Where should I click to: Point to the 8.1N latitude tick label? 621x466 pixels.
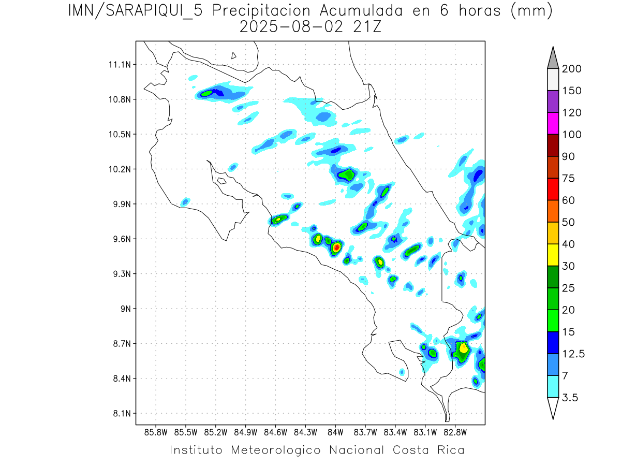(121, 414)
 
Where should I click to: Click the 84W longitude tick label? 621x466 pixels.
(335, 432)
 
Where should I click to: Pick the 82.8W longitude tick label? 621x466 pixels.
(455, 432)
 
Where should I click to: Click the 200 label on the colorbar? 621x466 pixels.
(572, 69)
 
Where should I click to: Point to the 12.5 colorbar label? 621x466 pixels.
(573, 354)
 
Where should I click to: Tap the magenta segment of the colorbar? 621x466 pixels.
(553, 123)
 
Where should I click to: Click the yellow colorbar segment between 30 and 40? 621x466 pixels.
(553, 255)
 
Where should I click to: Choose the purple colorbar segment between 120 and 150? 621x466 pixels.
(553, 101)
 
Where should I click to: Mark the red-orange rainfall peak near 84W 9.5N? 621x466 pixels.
(336, 247)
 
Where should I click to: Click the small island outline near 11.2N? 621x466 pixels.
(234, 55)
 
